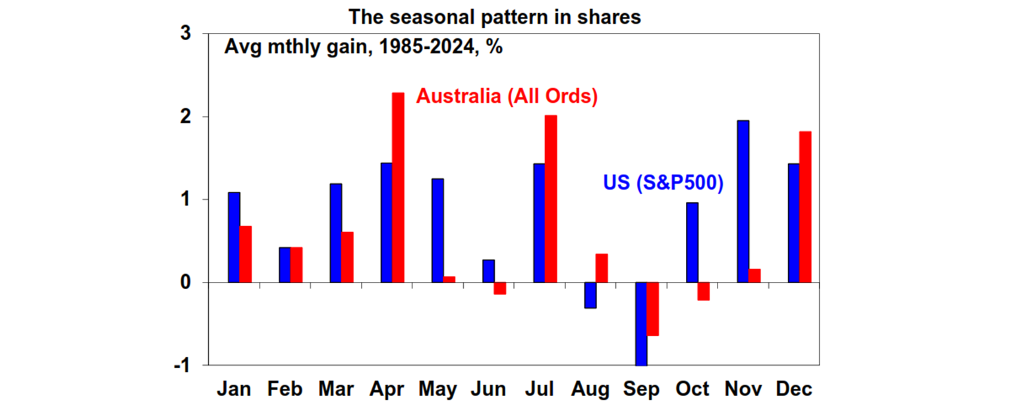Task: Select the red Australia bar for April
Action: (398, 188)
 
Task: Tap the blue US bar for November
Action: (743, 202)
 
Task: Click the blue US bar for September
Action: (641, 323)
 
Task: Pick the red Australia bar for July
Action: (551, 199)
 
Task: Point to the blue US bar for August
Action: (590, 295)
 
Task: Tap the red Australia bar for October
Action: (704, 291)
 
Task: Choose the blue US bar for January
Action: (234, 237)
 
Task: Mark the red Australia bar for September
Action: (653, 309)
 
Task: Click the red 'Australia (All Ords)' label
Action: (507, 97)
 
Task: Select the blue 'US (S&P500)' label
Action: (663, 183)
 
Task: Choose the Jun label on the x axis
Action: (489, 389)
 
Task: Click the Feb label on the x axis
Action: (285, 389)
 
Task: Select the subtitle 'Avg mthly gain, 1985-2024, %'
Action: (364, 47)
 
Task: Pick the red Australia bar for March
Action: (347, 257)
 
